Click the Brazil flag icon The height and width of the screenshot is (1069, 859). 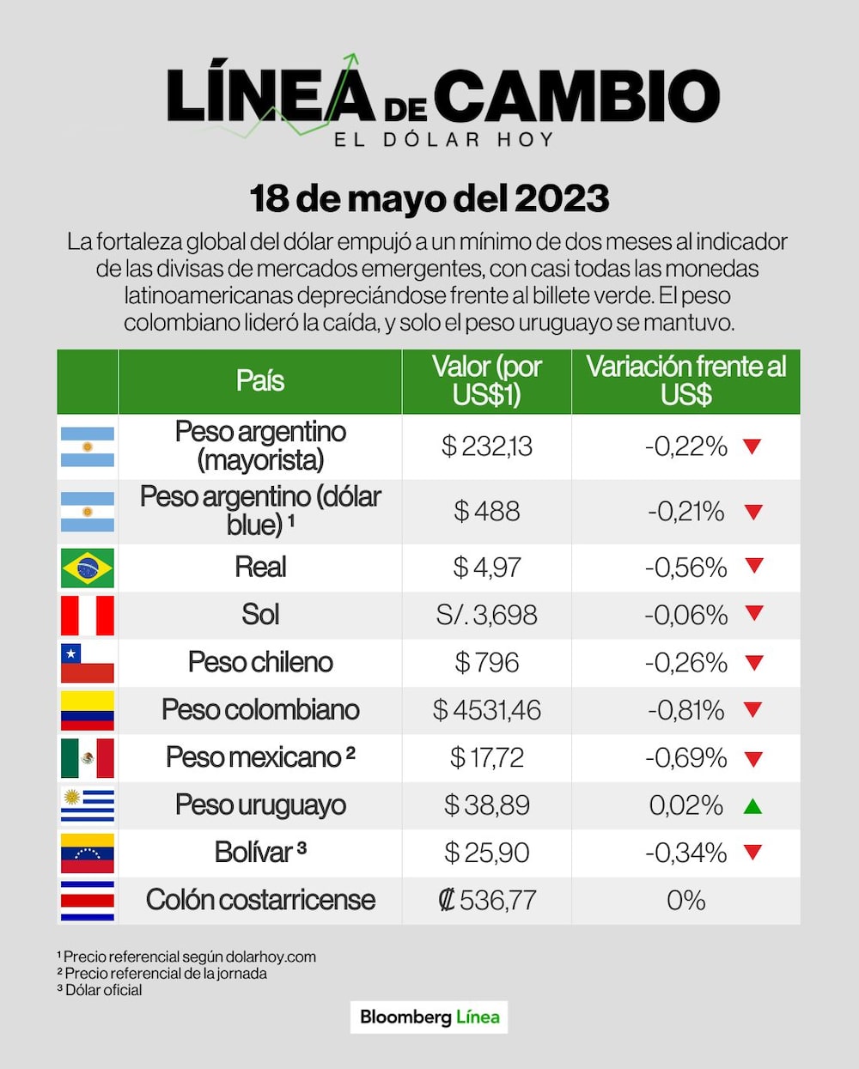coord(88,568)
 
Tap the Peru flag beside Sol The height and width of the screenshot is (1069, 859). coord(88,616)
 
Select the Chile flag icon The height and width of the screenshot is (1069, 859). coord(88,663)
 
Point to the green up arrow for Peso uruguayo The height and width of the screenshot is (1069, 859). coord(752,806)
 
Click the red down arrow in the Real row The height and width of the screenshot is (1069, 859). coord(754,566)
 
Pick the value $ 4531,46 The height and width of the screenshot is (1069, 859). coord(487,710)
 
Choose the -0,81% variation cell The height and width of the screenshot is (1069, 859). coord(685,710)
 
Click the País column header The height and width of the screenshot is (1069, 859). coord(259,381)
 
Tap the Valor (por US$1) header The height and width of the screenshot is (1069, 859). coord(487,380)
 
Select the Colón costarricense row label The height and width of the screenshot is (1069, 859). coord(260,900)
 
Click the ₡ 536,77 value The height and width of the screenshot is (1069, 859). coord(487,900)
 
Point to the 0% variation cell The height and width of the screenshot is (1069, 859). coord(685,900)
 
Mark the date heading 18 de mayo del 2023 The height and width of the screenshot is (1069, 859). coord(429,198)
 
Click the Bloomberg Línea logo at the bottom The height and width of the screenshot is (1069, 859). coord(429,1017)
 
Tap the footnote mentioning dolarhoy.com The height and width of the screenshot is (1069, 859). coord(187,957)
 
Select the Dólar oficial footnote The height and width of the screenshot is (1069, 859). coord(101,990)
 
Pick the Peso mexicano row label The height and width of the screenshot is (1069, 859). coord(259,757)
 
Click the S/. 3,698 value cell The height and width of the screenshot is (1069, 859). coord(487,616)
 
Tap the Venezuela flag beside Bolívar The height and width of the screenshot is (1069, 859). coord(88,853)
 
